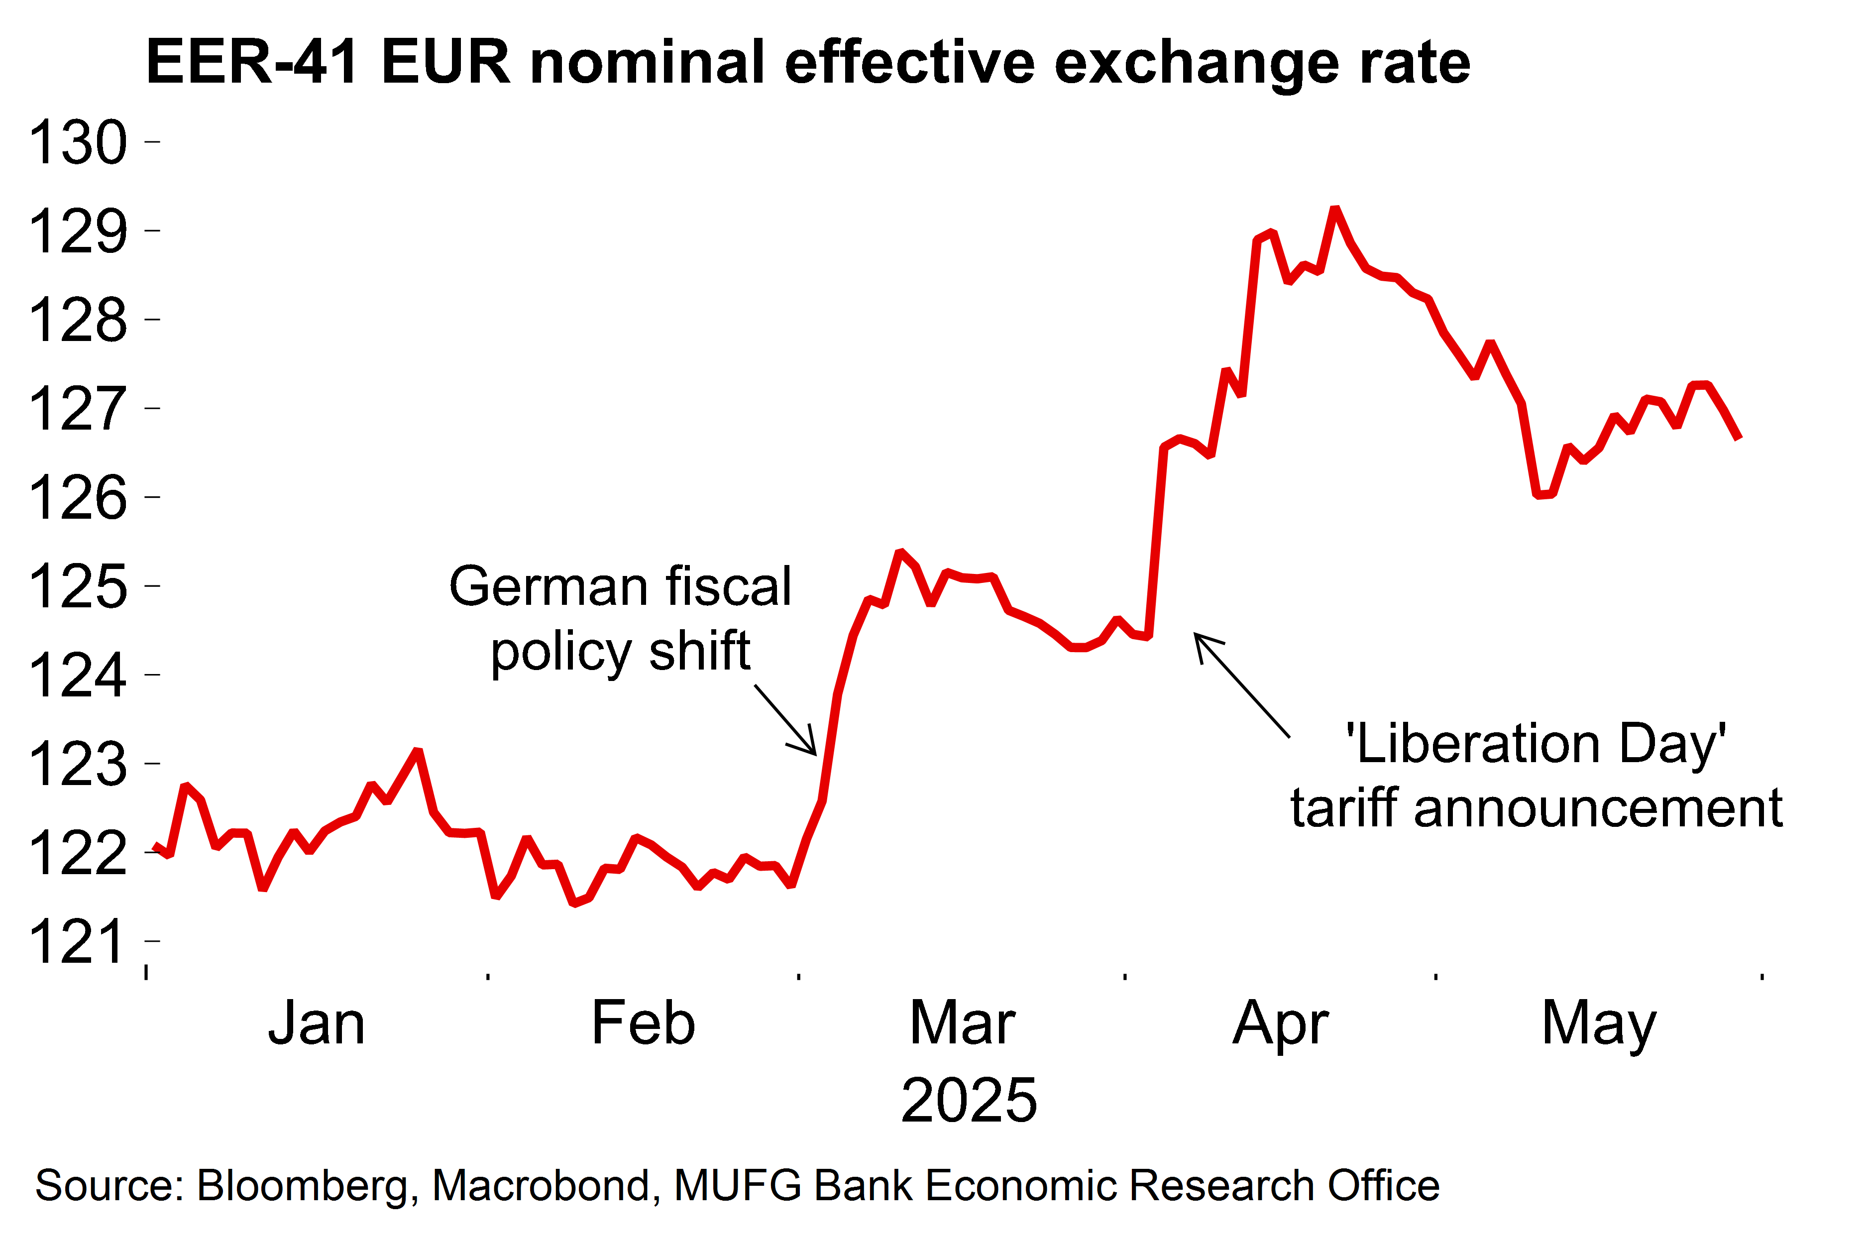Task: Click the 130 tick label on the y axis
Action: pyautogui.click(x=78, y=143)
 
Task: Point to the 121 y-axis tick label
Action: pyautogui.click(x=78, y=942)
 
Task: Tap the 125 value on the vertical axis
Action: pyautogui.click(x=78, y=587)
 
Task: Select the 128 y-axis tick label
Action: pyautogui.click(x=78, y=321)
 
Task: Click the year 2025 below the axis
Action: pyautogui.click(x=969, y=1101)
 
